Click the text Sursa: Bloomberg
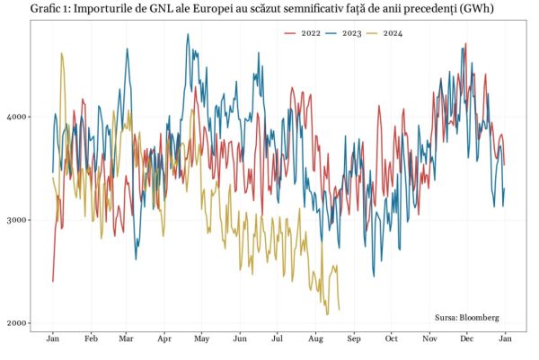pyautogui.click(x=466, y=318)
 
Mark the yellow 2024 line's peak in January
pyautogui.click(x=61, y=53)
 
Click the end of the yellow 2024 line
pyautogui.click(x=339, y=310)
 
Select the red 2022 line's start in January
pyautogui.click(x=53, y=282)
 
